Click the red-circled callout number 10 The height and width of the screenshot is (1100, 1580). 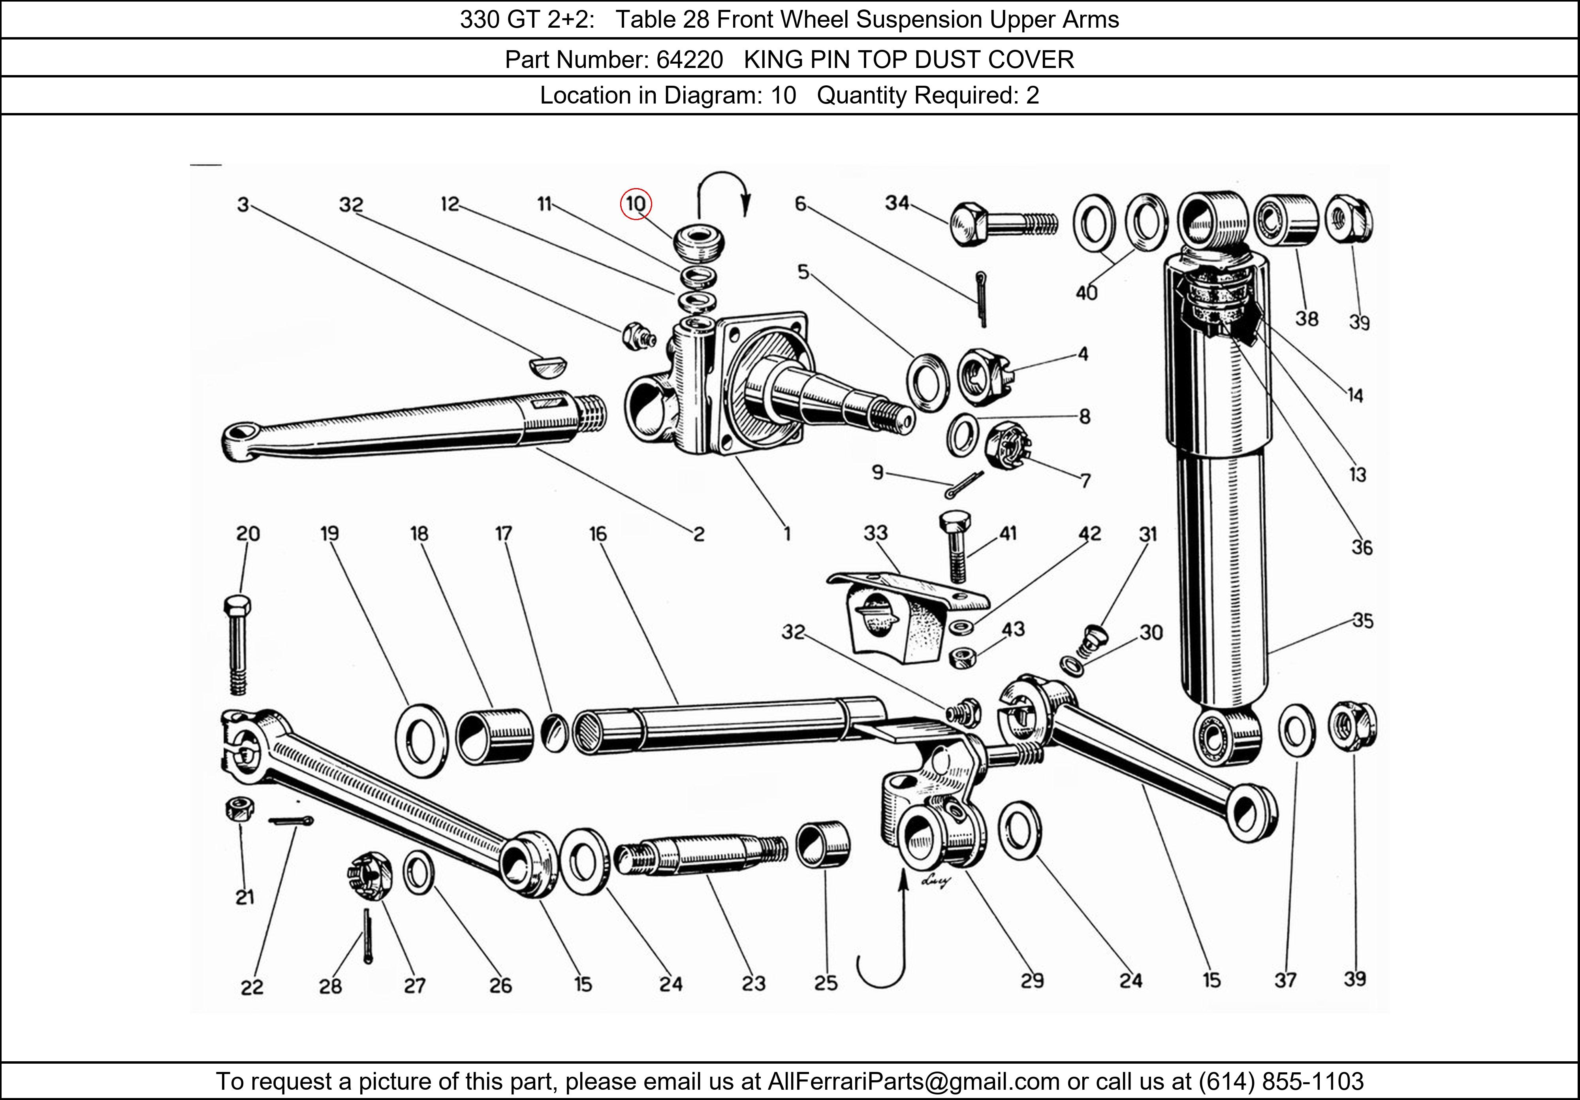[635, 204]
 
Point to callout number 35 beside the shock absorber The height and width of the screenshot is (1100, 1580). [1362, 620]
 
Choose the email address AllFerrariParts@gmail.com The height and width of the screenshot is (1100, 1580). [913, 1081]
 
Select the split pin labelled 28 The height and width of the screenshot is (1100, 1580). [367, 936]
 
